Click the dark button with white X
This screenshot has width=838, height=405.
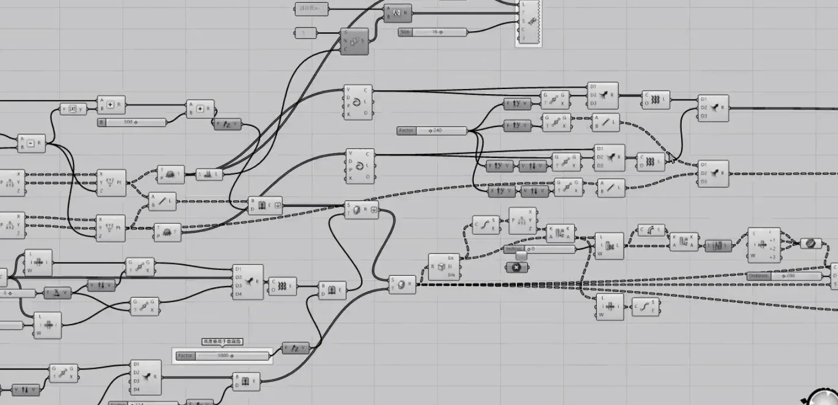click(x=516, y=267)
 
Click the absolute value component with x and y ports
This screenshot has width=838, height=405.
click(x=73, y=109)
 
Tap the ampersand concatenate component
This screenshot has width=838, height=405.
click(x=397, y=13)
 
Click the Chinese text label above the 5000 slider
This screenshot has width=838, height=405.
click(x=222, y=342)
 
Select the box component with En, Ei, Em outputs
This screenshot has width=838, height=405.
click(x=445, y=267)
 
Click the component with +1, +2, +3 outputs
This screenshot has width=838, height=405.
click(x=763, y=245)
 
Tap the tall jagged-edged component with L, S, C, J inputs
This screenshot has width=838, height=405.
click(x=529, y=22)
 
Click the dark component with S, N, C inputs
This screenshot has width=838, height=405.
click(x=354, y=41)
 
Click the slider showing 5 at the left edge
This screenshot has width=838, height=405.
click(x=17, y=293)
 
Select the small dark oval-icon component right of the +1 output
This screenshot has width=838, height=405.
click(x=810, y=244)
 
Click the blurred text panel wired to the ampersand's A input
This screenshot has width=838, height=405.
click(x=312, y=8)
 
